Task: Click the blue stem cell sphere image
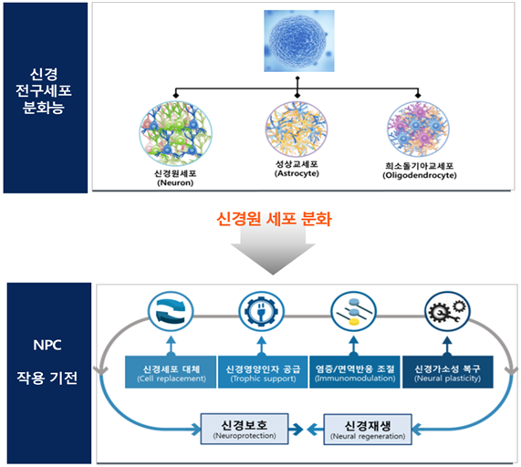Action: (299, 41)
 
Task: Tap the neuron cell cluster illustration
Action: (175, 133)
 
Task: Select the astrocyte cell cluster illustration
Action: (297, 130)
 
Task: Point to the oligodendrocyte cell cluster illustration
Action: (418, 129)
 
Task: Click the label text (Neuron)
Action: (175, 182)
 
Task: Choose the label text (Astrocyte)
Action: (297, 173)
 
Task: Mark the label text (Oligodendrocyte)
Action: (420, 175)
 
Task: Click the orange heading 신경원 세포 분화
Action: (274, 219)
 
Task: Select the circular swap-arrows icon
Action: (171, 312)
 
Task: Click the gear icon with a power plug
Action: (262, 312)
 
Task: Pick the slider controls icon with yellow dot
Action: (353, 312)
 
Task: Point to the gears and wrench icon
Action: (447, 312)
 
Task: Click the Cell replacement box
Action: (171, 372)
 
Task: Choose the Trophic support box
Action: (263, 372)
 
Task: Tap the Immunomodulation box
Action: (355, 372)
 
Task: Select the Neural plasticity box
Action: (448, 372)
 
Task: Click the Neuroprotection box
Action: (245, 429)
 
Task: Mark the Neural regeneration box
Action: (368, 429)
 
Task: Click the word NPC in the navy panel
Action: (47, 345)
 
